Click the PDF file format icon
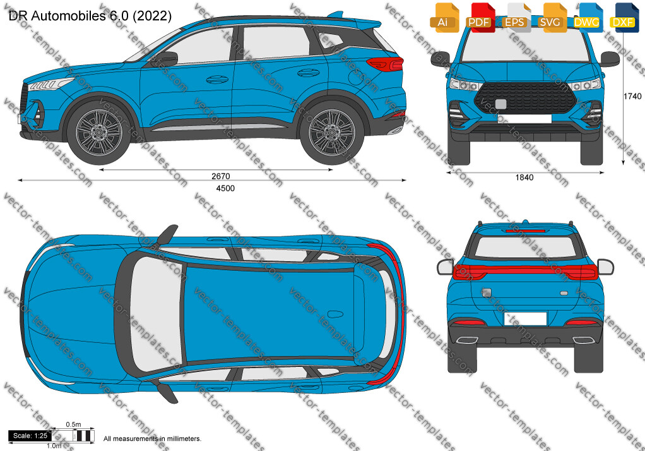[x=479, y=18]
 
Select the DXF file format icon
[x=624, y=18]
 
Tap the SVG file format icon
[x=551, y=18]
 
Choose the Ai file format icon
[x=444, y=18]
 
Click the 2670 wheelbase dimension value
[x=220, y=176]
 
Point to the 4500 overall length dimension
[x=225, y=189]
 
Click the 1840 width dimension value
[x=524, y=177]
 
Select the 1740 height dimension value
[x=632, y=96]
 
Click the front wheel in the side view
[x=99, y=132]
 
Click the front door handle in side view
[x=217, y=79]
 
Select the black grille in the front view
[x=525, y=98]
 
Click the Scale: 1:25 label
[x=30, y=436]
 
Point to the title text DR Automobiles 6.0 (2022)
[x=90, y=16]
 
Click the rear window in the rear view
[x=525, y=248]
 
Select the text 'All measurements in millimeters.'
[x=152, y=438]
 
